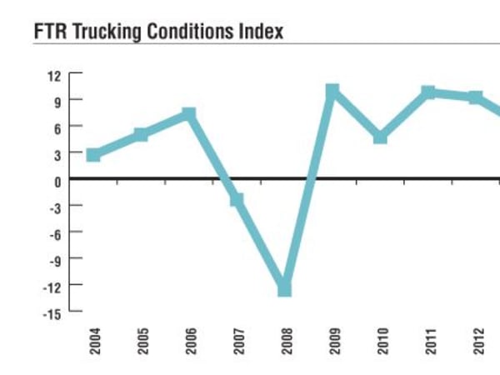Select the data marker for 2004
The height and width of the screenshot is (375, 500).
[93, 154]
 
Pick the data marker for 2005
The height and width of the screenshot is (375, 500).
[141, 135]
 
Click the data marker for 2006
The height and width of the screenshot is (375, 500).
[189, 114]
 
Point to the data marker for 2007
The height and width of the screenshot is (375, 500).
[237, 200]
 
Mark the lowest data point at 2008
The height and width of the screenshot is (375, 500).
[284, 288]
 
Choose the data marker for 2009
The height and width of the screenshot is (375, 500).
[332, 91]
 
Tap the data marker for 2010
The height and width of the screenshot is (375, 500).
[380, 137]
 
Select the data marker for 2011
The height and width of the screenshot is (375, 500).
[428, 92]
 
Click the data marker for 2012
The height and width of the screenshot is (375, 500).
[476, 97]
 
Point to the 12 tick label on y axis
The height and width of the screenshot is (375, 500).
[54, 75]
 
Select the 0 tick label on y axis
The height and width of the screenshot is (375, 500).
[57, 181]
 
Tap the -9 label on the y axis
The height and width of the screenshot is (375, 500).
[54, 259]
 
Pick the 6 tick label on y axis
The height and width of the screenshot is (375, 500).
[57, 127]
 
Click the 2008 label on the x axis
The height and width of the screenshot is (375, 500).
[286, 344]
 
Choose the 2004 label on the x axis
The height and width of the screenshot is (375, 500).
[94, 344]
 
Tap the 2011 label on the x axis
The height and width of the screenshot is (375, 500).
[430, 344]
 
